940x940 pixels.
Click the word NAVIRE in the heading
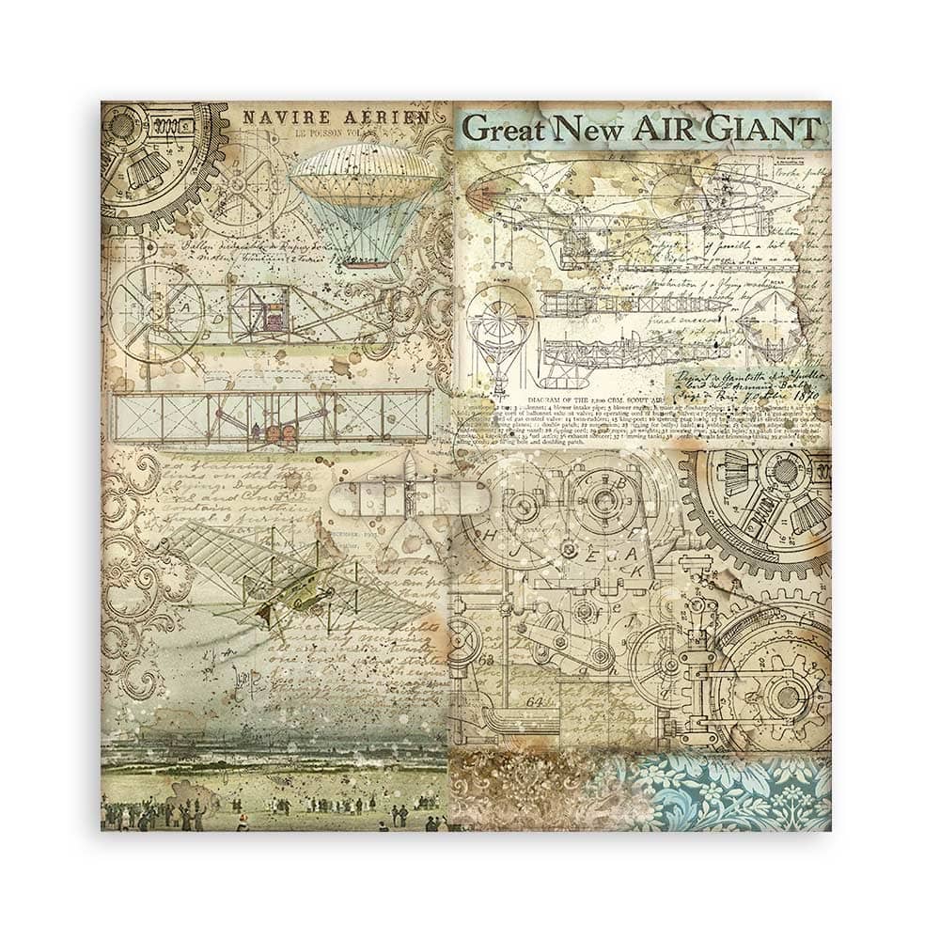276,119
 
